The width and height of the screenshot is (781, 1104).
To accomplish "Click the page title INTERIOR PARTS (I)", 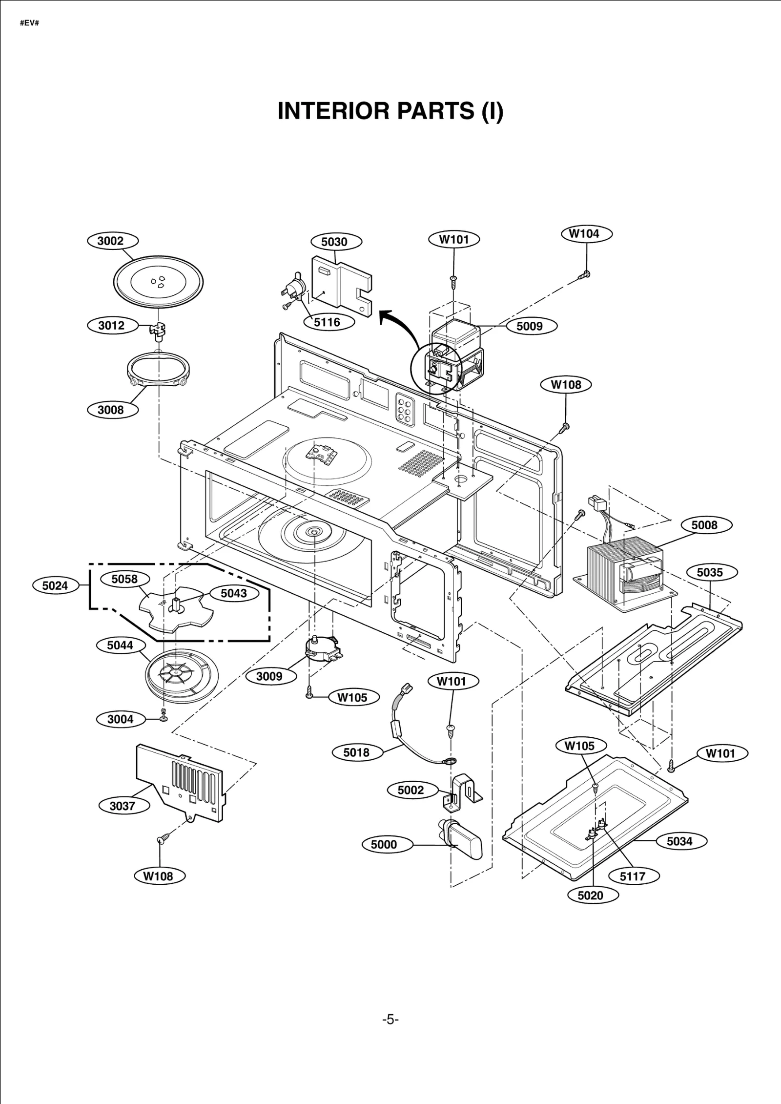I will click(x=390, y=111).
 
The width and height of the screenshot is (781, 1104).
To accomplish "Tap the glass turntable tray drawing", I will click(x=158, y=282).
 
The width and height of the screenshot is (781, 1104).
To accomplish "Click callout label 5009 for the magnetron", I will click(x=529, y=326).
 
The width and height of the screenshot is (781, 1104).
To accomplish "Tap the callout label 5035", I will click(x=709, y=572).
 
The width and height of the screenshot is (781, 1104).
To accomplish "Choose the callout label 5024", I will click(x=55, y=585).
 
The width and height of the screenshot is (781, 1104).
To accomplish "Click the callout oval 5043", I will click(x=234, y=593).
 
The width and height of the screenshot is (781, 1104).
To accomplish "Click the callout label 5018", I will click(x=356, y=752).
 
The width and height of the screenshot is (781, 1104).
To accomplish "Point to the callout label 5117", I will click(x=633, y=876).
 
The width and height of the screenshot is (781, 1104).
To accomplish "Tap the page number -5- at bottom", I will click(x=390, y=1019).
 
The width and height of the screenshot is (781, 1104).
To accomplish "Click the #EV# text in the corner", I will click(x=29, y=23).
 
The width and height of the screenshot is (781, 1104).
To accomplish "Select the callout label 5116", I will click(x=327, y=322).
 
